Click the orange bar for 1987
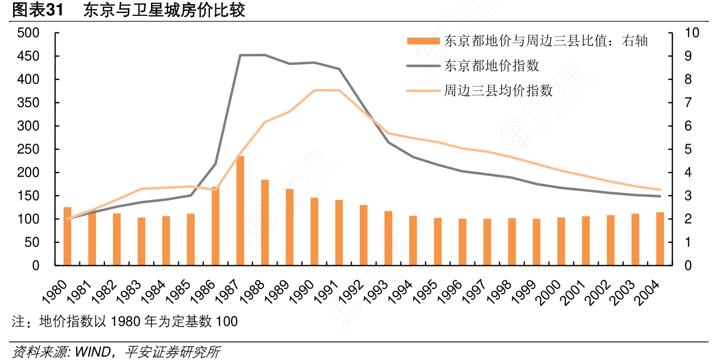[x=240, y=211]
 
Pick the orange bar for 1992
[x=364, y=235]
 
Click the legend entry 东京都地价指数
[x=491, y=66]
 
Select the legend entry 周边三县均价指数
[x=498, y=91]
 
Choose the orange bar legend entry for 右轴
[x=545, y=41]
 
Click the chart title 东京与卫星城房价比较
[x=164, y=10]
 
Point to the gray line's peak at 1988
[x=264, y=55]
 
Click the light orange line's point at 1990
[x=314, y=90]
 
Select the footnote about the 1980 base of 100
[x=125, y=321]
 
